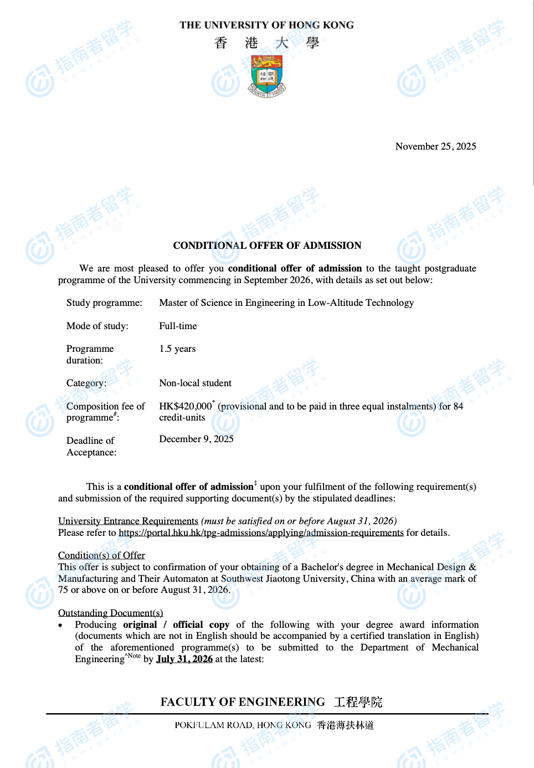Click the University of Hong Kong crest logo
point(267,76)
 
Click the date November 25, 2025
point(435,146)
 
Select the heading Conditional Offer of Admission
point(267,245)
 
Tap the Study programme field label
point(104,303)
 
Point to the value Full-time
point(178,326)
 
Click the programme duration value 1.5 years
point(177,349)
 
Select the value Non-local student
point(195,383)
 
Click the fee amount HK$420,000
point(185,406)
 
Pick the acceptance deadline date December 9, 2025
point(196,439)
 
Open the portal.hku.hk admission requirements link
point(261,533)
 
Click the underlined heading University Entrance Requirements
point(128,521)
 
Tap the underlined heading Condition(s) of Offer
point(101,555)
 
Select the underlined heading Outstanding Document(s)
point(110,613)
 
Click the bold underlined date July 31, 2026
point(184,659)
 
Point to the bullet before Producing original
point(60,625)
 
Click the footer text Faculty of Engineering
point(243,702)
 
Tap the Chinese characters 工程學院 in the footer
point(358,702)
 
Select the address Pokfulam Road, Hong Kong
point(243,725)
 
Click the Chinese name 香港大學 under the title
point(267,43)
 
